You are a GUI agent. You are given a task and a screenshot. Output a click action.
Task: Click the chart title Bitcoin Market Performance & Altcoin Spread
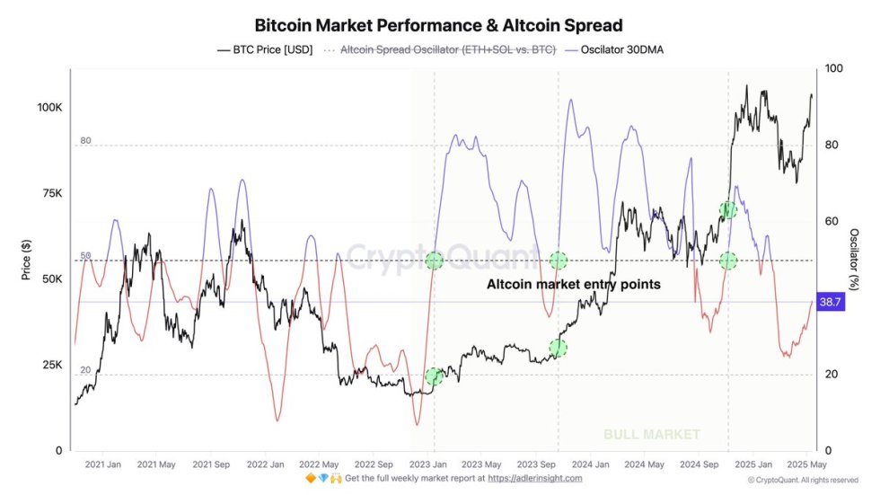pos(438,24)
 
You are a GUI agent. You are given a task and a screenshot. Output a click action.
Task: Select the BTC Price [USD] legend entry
pos(265,50)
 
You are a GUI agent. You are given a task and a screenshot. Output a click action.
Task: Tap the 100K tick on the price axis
pos(50,107)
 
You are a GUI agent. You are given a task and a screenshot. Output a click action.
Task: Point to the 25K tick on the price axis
pos(52,365)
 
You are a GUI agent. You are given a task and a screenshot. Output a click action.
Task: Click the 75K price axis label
pos(52,193)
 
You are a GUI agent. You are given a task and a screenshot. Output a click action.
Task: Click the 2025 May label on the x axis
pos(805,464)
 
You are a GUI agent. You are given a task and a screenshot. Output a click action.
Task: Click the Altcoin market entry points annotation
pos(573,284)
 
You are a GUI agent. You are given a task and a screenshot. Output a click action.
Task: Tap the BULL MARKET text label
pos(651,435)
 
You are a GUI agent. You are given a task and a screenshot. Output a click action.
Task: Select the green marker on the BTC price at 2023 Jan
pos(435,376)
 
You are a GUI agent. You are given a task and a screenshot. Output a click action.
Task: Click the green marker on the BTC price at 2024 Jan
pos(559,348)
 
